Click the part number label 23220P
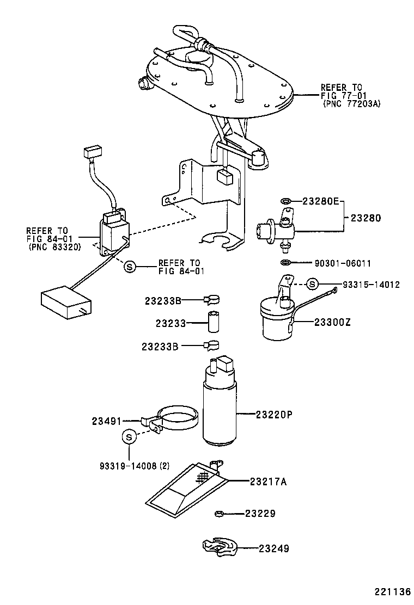click(274, 415)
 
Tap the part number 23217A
click(269, 481)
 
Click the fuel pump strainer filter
click(188, 485)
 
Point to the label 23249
click(274, 549)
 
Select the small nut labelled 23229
click(220, 513)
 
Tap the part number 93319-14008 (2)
click(135, 466)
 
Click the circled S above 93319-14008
click(129, 436)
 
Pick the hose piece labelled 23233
click(212, 323)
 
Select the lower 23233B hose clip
click(211, 345)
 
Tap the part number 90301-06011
click(343, 263)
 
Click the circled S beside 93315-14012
click(312, 284)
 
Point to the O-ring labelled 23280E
click(286, 201)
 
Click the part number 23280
click(366, 218)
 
